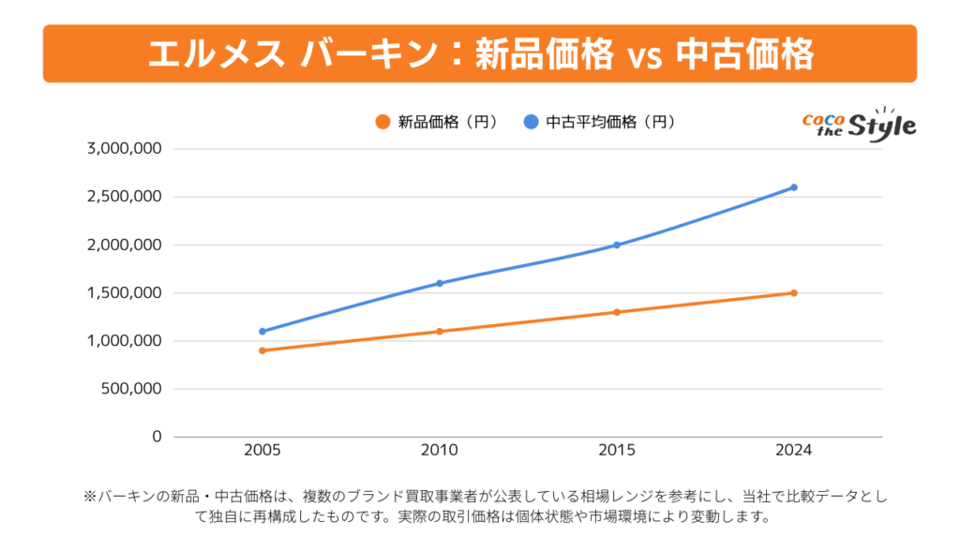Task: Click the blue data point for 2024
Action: [x=794, y=187]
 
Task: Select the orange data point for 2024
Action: [x=794, y=292]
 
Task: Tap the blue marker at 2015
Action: [x=617, y=246]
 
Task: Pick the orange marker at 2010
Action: [x=440, y=331]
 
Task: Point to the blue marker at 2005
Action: [x=262, y=331]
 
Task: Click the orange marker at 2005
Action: [x=262, y=350]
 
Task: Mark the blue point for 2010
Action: [x=440, y=283]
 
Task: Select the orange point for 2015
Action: [x=617, y=312]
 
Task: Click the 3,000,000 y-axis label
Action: [x=125, y=148]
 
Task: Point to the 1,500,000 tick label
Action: [x=125, y=292]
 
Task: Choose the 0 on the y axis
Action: [x=157, y=437]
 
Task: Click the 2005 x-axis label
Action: [x=262, y=451]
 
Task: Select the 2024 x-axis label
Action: [x=794, y=451]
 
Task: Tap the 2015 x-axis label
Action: [x=617, y=451]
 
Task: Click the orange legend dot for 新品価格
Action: [x=382, y=122]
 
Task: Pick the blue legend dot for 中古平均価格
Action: [x=532, y=122]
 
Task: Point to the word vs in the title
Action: [x=639, y=55]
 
